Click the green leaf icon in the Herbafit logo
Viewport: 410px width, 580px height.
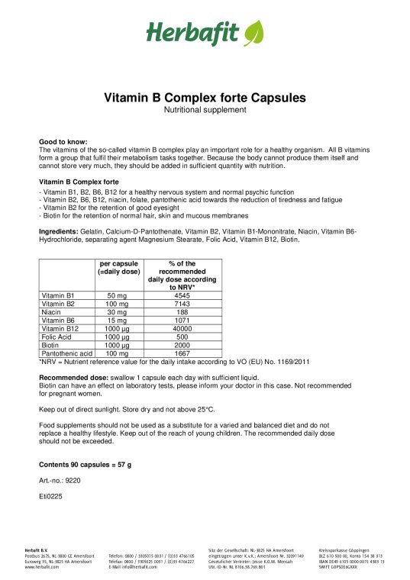[x=253, y=32]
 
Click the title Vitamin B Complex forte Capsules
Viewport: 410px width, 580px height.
[x=205, y=98]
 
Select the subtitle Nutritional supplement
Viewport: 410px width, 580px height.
[x=205, y=110]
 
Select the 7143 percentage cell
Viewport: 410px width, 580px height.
[x=182, y=303]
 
